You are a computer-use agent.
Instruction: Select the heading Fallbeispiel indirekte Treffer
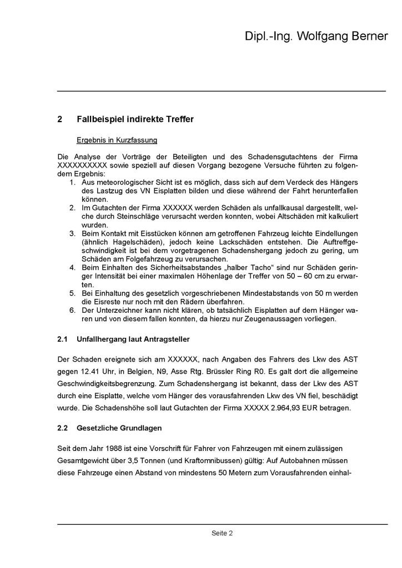135,119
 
